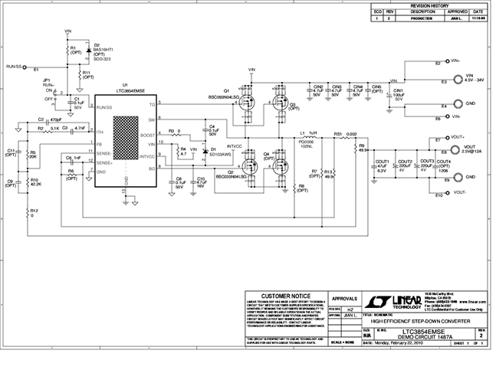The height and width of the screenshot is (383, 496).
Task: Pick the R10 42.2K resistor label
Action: [36, 182]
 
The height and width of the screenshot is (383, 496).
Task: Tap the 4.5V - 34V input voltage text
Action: [469, 80]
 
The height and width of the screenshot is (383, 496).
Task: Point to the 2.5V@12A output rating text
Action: [469, 151]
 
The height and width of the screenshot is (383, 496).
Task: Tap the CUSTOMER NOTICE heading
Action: [286, 296]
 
